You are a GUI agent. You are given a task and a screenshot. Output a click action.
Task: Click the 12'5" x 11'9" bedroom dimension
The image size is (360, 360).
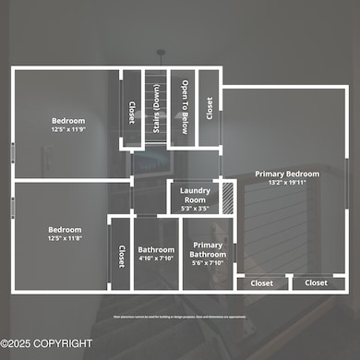(67, 130)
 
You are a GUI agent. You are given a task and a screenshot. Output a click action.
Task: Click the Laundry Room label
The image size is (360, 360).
(195, 196)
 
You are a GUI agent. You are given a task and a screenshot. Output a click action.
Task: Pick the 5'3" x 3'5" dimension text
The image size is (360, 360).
(195, 209)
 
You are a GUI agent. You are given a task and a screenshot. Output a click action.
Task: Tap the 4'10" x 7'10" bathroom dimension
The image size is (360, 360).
(155, 258)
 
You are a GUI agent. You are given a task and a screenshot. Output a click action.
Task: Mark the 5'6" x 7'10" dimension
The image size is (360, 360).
(208, 263)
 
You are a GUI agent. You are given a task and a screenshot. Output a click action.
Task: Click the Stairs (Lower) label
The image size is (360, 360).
(158, 107)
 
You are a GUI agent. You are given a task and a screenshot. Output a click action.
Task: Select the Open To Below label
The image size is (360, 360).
(185, 107)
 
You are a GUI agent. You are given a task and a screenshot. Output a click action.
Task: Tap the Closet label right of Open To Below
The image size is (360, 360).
(210, 109)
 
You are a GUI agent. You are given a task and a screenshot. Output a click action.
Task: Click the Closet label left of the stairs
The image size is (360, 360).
(131, 111)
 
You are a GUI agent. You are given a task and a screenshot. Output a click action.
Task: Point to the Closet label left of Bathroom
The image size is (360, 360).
(121, 256)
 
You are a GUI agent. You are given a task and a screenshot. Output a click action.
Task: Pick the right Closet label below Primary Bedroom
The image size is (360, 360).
(316, 283)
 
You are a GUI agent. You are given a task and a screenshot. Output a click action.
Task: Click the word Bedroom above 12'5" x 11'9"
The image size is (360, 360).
(67, 121)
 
